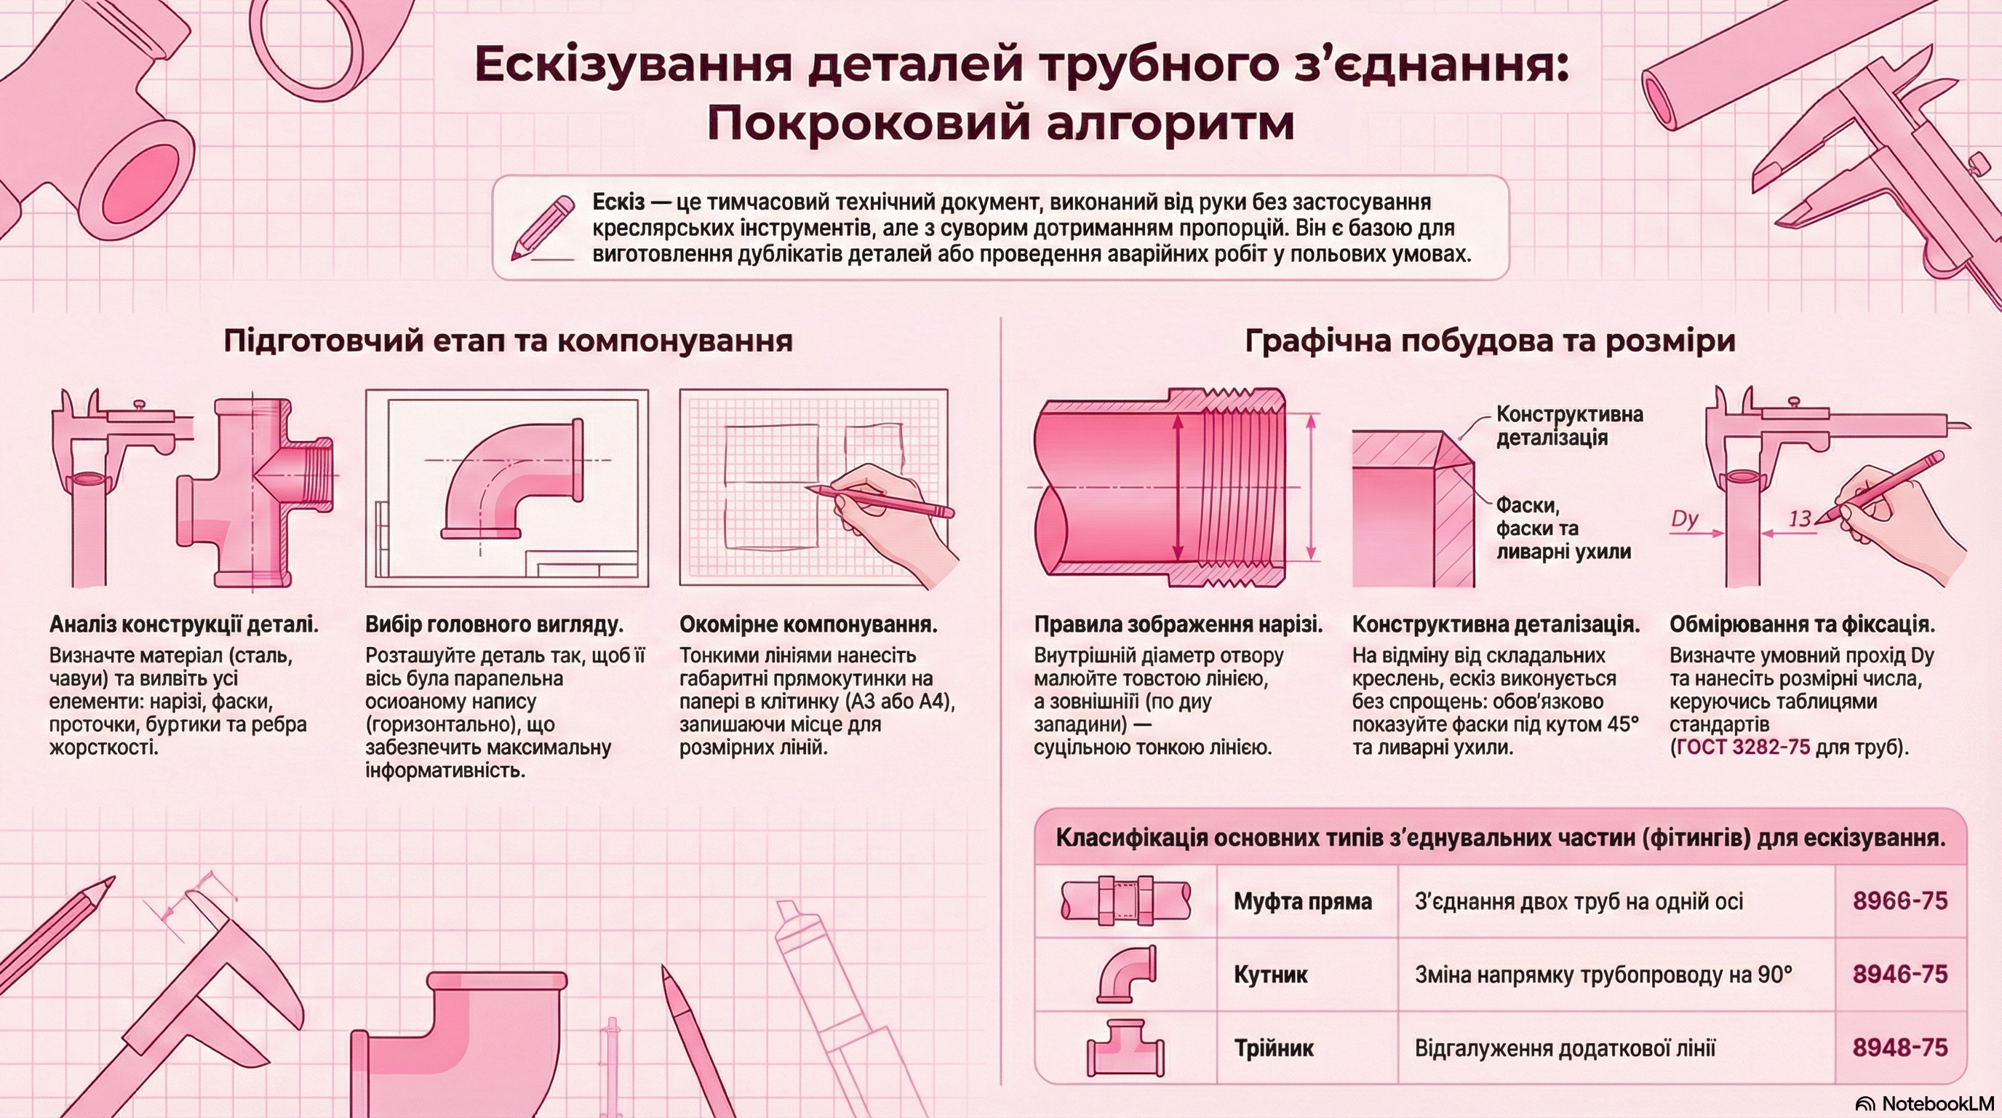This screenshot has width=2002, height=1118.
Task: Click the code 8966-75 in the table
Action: [1900, 901]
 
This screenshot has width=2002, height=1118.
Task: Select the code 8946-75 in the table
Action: [1900, 974]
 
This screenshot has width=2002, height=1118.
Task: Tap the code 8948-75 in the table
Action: [1900, 1047]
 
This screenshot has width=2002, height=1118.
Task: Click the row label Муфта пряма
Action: [1303, 902]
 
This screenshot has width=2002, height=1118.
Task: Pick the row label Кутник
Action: [1271, 975]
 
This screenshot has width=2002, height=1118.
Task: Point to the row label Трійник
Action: [1274, 1048]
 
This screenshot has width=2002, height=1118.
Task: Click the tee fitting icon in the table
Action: [1125, 1047]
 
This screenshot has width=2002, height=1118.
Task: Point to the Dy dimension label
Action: [1684, 518]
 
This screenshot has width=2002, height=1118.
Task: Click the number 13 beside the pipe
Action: [1800, 518]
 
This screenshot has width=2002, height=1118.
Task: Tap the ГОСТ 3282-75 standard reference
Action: [1743, 747]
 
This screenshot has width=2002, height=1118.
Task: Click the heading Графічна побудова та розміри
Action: [1490, 341]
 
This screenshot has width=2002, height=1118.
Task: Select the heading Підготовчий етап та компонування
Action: [509, 341]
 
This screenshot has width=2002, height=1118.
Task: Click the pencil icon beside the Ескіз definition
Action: [542, 226]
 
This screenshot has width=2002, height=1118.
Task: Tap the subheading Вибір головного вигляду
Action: [494, 625]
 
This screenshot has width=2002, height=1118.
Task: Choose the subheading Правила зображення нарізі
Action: [1179, 625]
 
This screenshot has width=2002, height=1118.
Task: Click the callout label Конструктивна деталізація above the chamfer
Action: [1570, 425]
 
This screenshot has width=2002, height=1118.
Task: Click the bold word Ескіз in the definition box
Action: [618, 202]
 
